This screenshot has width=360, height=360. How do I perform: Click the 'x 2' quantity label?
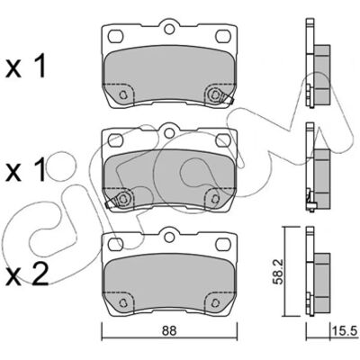tap(27, 274)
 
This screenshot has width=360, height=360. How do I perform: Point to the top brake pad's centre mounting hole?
tap(169, 29)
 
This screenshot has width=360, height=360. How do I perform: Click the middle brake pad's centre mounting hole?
tap(169, 132)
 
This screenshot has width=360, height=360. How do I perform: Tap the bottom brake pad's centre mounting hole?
tap(169, 236)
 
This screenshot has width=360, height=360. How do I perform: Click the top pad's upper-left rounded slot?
tap(116, 36)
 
